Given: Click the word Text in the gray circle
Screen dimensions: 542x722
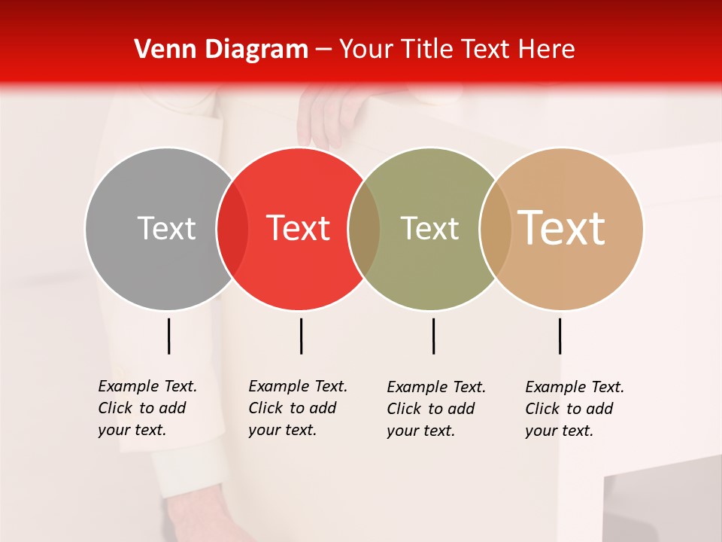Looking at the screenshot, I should (166, 228).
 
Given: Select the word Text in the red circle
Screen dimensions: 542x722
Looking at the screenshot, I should (299, 228).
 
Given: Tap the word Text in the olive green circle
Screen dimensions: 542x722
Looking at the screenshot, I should (429, 228).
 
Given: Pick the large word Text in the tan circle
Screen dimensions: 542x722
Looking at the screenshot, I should (562, 228).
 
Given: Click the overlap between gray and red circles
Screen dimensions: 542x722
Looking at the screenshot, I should (232, 229).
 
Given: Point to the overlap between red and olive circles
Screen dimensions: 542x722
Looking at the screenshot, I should (364, 229).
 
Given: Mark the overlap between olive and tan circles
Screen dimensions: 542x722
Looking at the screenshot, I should (495, 229).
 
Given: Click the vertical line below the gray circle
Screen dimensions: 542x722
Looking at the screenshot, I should (168, 336).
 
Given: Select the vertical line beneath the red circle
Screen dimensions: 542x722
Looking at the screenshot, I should (301, 336).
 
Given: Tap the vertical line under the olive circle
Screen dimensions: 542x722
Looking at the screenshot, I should (433, 336).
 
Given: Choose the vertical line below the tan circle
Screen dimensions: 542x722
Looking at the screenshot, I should (560, 336).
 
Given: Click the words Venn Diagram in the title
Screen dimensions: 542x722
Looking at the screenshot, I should (221, 50).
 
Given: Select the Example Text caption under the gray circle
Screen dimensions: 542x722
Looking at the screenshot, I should (147, 408).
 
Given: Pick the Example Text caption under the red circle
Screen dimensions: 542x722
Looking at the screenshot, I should (297, 408).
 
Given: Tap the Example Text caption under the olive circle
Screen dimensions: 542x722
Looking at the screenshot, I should (435, 409).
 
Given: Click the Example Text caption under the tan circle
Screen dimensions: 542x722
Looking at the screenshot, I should (574, 409).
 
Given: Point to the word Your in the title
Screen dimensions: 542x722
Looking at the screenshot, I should (366, 50).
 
